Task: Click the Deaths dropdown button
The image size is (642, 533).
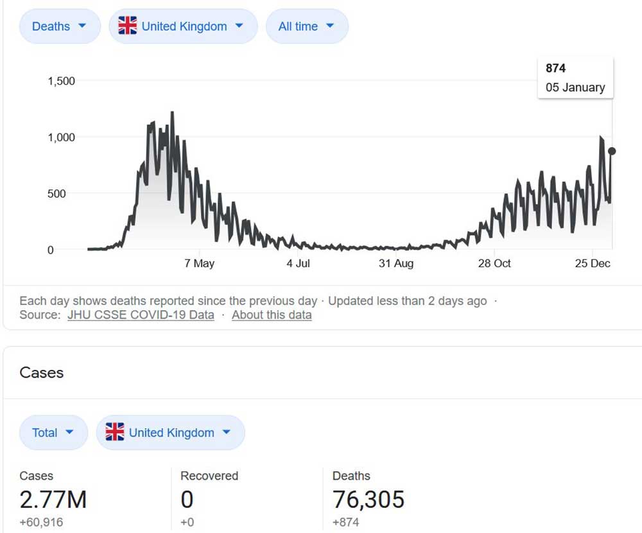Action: click(x=60, y=26)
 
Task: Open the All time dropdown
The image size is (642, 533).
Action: click(x=307, y=26)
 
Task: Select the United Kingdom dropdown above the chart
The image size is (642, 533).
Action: click(x=183, y=26)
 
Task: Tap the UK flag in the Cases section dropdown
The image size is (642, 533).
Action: click(x=115, y=432)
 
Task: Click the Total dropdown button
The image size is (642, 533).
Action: click(x=53, y=432)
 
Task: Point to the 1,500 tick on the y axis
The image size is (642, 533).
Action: click(x=61, y=81)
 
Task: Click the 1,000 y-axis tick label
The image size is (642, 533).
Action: click(x=61, y=137)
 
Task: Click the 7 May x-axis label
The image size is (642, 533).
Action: click(x=199, y=263)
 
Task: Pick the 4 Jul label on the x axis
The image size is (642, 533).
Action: click(x=298, y=263)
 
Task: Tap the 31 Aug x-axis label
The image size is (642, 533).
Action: click(x=395, y=263)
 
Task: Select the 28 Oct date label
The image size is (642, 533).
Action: click(x=494, y=263)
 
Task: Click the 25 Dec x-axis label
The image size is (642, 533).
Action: click(x=591, y=263)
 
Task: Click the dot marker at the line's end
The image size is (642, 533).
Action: click(x=612, y=151)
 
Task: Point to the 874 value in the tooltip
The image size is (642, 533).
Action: click(x=556, y=68)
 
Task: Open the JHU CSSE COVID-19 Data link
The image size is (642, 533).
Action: click(x=141, y=315)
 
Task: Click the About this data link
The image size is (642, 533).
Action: click(x=272, y=315)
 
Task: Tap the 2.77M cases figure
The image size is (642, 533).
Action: click(x=53, y=499)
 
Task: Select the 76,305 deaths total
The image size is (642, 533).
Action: click(x=369, y=499)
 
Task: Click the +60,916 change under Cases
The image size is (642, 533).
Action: click(x=42, y=522)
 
